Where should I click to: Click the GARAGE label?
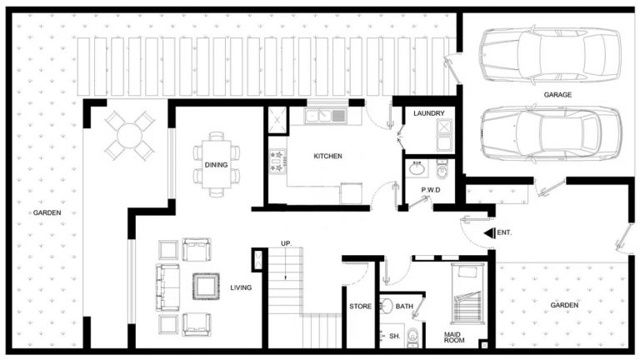coord(557,95)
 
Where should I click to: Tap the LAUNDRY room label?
coord(427,114)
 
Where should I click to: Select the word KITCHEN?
coord(327,157)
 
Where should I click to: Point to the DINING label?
coord(216,165)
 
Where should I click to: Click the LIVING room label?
coord(242,288)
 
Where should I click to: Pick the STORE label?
coord(360,307)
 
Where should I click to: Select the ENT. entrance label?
coord(503,232)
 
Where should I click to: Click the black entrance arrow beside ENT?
coord(488,232)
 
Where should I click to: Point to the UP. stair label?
coord(285,243)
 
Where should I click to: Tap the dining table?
coord(216,164)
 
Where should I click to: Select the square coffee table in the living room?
coord(204,286)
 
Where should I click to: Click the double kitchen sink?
coord(326,116)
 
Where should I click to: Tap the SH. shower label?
coord(395,336)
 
